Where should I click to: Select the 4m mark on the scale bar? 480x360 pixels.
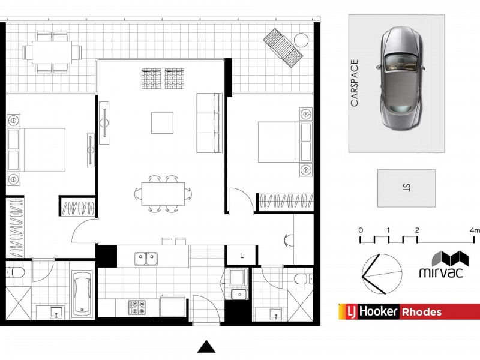tap(475, 230)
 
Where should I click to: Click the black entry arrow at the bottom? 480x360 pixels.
tap(206, 347)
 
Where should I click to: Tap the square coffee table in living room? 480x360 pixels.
tap(163, 122)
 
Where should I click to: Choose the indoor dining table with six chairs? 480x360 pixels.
tap(163, 193)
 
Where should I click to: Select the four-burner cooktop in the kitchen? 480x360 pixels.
tap(138, 307)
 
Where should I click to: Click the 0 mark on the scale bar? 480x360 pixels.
tap(360, 230)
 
